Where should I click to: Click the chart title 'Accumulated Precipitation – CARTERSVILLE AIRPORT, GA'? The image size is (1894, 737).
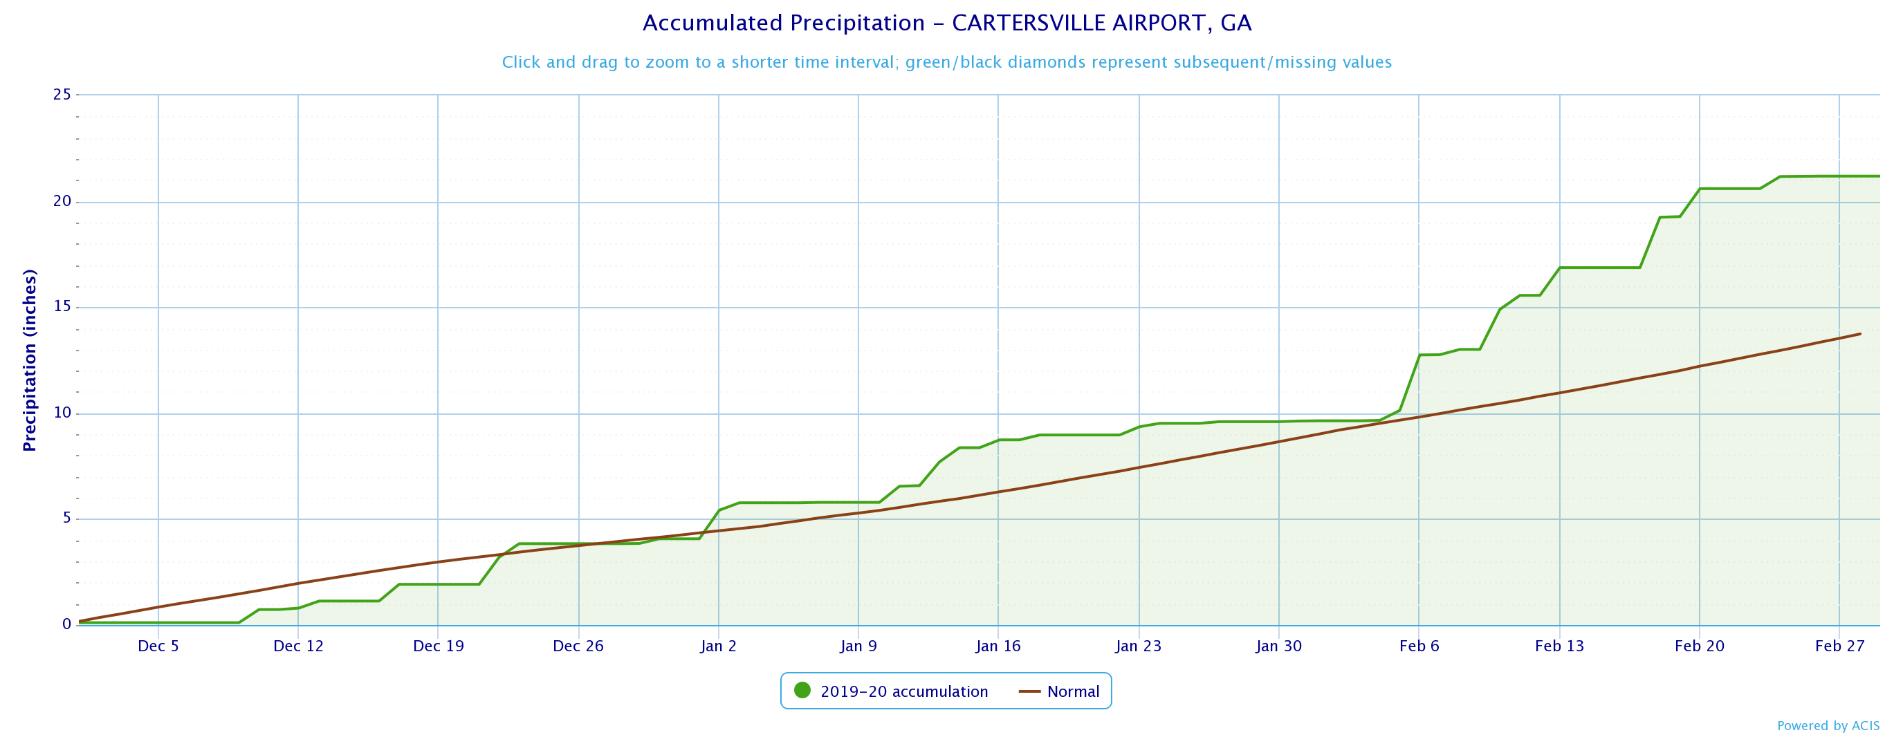tap(946, 24)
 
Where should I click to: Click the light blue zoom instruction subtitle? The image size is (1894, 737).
tap(946, 62)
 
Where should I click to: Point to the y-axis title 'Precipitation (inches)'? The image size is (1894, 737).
tap(30, 360)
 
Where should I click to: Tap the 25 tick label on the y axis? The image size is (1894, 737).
tap(62, 95)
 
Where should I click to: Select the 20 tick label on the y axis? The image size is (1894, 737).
tap(62, 201)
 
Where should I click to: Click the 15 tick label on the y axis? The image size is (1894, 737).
tap(62, 307)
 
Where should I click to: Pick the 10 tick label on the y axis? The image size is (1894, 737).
tap(62, 413)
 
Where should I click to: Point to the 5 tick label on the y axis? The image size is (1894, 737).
tap(67, 519)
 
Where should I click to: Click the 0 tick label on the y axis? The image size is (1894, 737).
tap(67, 624)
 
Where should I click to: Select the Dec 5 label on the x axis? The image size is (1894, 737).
tap(158, 646)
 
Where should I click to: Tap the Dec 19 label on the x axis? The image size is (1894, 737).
tap(438, 646)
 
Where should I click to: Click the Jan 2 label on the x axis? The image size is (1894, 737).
tap(718, 646)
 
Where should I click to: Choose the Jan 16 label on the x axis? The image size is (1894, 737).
tap(997, 646)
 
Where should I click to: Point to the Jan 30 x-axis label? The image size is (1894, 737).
tap(1278, 646)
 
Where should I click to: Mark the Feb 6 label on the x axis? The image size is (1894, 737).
tap(1419, 646)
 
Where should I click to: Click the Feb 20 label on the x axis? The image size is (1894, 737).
tap(1699, 646)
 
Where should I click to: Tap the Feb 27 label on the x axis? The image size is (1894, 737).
tap(1839, 646)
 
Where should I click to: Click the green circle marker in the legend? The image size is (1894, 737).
tap(802, 691)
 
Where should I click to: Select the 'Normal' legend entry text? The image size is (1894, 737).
tap(1073, 692)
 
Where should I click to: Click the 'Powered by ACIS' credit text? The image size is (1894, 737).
tap(1828, 726)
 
